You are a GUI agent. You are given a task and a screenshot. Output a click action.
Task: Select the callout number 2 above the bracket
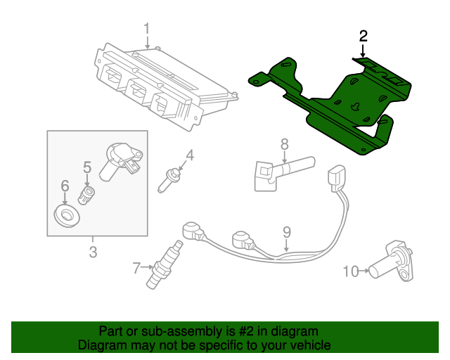point(363,36)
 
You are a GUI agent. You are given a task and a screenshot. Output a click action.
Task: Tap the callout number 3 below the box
point(93,252)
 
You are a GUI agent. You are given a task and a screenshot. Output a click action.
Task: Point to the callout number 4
point(189,155)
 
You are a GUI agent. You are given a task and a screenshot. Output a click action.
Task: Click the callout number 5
point(87,167)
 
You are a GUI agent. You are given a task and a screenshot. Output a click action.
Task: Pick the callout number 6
point(65,186)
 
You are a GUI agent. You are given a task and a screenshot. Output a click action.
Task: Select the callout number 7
point(137,266)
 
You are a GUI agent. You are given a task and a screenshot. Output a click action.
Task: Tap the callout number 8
point(284,144)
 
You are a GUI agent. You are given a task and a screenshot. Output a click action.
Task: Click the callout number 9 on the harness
point(286,231)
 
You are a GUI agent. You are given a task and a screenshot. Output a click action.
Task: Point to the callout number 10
point(350,270)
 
